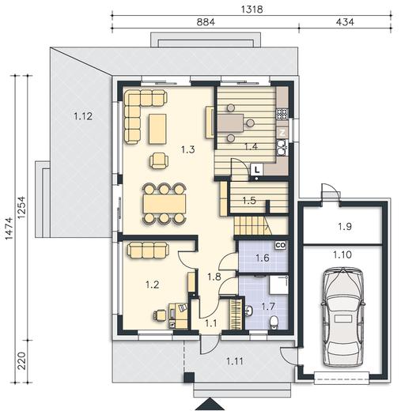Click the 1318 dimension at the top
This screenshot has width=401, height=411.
pos(252,9)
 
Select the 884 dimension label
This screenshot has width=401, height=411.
pos(206,22)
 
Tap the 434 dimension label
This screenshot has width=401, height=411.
pos(345,22)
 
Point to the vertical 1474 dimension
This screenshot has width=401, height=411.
pos(9,228)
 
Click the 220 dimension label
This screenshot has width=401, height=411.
pos(21,360)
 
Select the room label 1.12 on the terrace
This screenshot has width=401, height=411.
pos(83,116)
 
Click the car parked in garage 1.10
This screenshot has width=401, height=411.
pos(343,317)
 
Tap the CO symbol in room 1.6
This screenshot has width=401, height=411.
pos(280,245)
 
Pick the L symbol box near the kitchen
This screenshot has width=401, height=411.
pos(257,170)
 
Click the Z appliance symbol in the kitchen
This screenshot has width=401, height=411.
pos(282,133)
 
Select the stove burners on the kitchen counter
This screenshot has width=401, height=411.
pos(282,114)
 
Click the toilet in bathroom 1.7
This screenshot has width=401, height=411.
pos(274,322)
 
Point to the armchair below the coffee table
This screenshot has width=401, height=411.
pos(159,161)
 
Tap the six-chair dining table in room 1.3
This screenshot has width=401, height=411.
pos(165,203)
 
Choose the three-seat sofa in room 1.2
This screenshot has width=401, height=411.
pos(148,250)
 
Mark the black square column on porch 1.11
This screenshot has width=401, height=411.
pos(189,378)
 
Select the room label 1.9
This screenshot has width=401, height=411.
pos(345,226)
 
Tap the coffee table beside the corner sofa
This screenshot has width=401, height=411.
pos(157,129)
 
